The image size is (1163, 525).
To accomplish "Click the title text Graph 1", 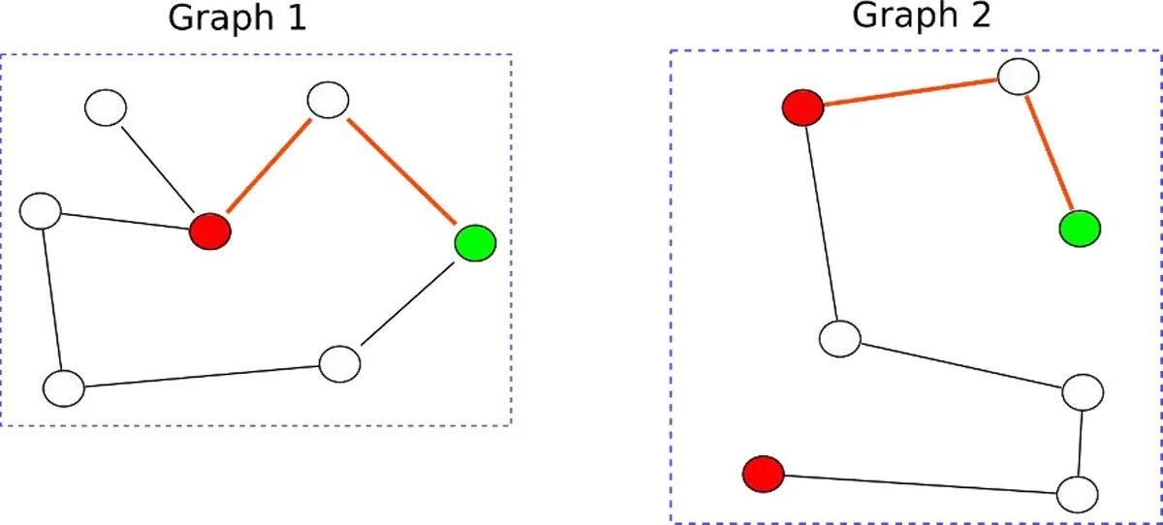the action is [x=237, y=18].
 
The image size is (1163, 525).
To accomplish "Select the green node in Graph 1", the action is [x=475, y=241].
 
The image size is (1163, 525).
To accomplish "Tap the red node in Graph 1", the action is [x=210, y=232].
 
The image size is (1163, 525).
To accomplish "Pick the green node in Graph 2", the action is [x=1080, y=229].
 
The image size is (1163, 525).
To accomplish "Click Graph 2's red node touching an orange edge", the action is [x=802, y=107].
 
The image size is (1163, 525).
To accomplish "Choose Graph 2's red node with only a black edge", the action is [x=763, y=474].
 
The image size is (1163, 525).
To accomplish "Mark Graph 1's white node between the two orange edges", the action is [x=328, y=100].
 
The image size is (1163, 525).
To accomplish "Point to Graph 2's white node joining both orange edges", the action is [x=1019, y=76].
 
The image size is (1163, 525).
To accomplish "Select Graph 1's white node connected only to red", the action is [x=105, y=108].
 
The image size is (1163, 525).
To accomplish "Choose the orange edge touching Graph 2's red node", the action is [x=911, y=91].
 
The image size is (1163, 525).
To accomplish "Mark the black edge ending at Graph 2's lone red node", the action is [x=921, y=482].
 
